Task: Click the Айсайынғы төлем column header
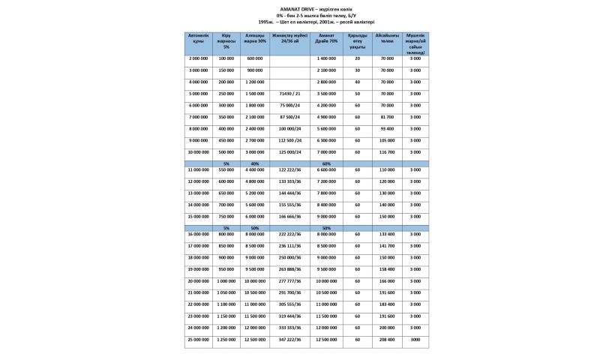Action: click(387, 38)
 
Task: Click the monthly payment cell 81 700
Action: click(387, 118)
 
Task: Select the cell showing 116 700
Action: click(387, 152)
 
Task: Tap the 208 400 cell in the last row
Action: click(387, 340)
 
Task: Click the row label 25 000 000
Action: click(199, 340)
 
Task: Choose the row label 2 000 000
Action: click(199, 58)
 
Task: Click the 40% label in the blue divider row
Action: click(255, 163)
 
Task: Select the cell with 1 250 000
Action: click(226, 340)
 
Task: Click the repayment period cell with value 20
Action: click(358, 58)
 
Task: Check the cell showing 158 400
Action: click(387, 269)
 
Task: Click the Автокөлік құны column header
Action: click(199, 38)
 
